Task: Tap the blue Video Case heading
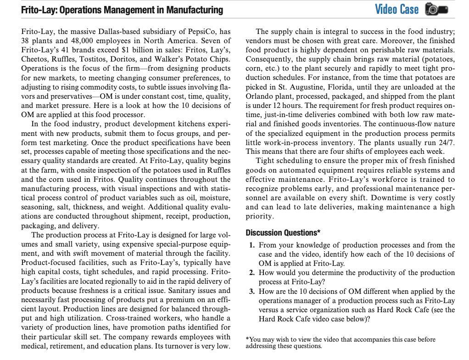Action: point(396,9)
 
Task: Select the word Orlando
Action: point(260,96)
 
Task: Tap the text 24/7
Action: point(446,142)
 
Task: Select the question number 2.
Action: point(252,273)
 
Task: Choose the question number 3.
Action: point(252,292)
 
